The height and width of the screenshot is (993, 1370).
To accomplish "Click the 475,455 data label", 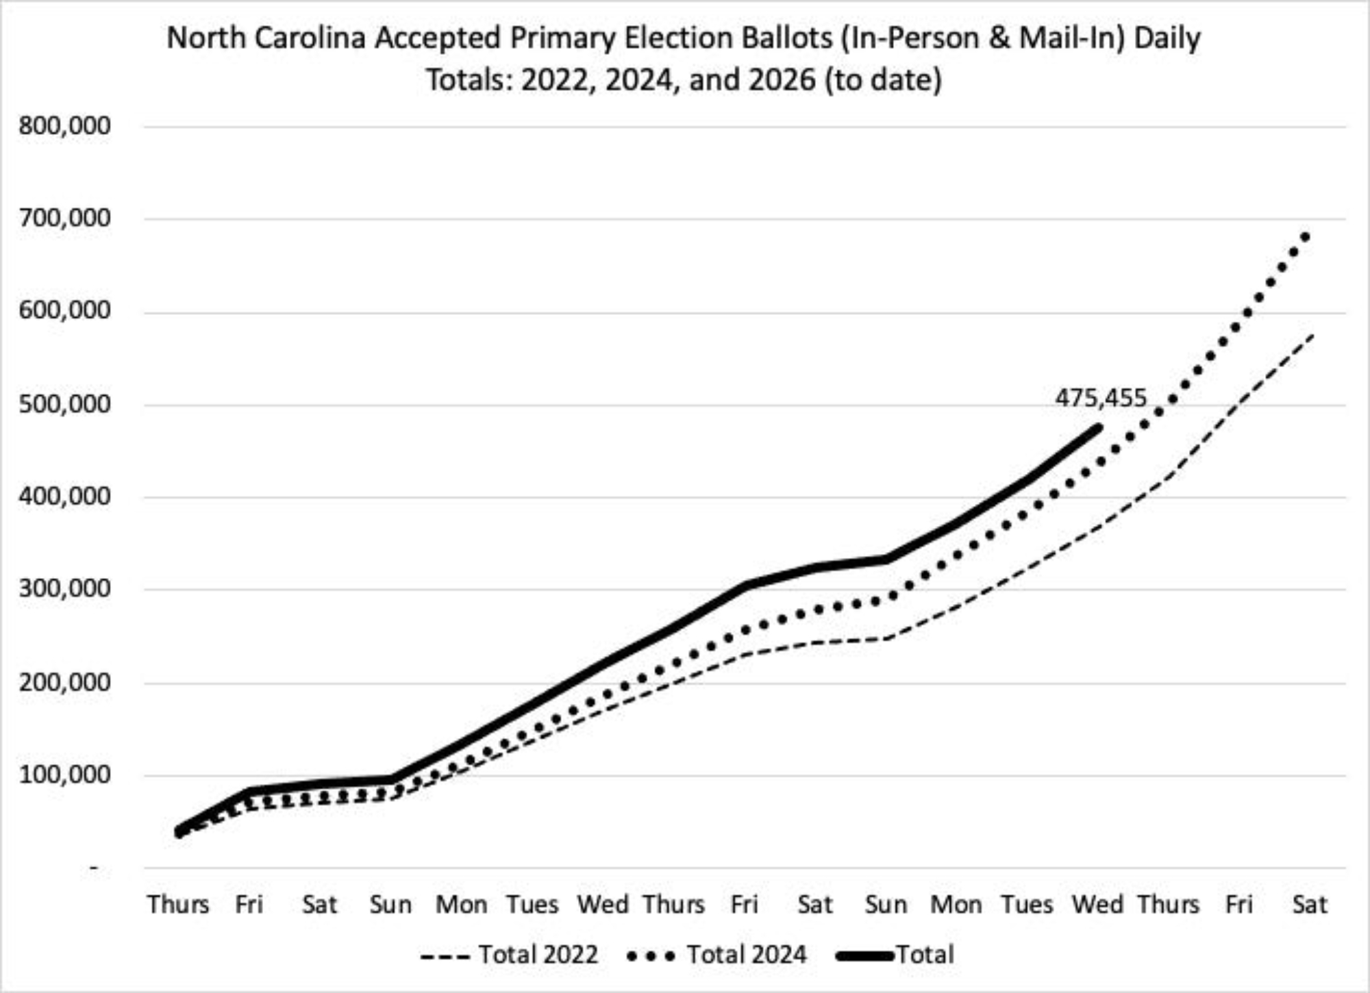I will pos(1100,398).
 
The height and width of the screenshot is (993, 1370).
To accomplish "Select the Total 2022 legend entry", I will pos(510,955).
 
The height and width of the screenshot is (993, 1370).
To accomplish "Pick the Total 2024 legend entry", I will pos(717,955).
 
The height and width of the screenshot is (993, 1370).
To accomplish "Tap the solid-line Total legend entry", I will pos(895,955).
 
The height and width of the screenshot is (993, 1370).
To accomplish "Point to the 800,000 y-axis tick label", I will pos(64,126).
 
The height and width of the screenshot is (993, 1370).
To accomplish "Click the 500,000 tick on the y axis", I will pos(64,404).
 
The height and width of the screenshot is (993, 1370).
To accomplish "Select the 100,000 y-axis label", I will pos(64,775).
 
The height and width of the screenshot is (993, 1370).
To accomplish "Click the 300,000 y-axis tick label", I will pos(64,589).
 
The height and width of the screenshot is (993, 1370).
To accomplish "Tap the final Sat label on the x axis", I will pos(1310,905).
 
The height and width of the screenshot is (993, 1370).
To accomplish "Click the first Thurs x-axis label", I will pos(178,905).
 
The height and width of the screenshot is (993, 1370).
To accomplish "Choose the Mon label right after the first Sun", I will pos(461,905).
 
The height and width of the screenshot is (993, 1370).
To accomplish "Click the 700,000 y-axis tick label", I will pos(64,218).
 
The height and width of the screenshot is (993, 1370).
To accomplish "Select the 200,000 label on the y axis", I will pos(64,682).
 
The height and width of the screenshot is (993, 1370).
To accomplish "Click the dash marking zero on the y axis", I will pos(95,868).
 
